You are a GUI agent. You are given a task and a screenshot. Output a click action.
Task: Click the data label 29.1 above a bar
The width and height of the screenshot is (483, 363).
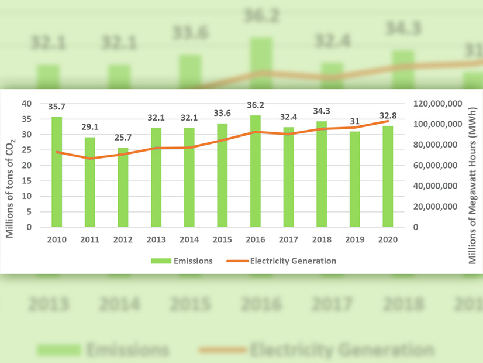89,125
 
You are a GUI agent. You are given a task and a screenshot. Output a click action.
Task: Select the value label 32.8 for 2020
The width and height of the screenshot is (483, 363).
388,115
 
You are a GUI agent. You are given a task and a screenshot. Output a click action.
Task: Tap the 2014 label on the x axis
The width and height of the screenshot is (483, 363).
189,239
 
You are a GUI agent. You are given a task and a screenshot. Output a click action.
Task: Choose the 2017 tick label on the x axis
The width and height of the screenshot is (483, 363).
289,239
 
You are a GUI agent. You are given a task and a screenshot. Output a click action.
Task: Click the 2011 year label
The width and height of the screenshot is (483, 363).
89,239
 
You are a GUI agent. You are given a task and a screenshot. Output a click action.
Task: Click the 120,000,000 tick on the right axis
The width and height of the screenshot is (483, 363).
433,104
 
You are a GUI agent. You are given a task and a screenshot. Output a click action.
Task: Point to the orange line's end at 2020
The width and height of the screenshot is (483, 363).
388,121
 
